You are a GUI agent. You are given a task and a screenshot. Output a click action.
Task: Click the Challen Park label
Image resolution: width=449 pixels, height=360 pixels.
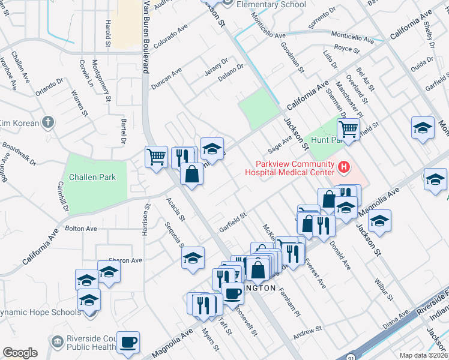92,177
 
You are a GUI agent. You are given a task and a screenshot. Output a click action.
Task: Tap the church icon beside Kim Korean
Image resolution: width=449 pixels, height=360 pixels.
49,122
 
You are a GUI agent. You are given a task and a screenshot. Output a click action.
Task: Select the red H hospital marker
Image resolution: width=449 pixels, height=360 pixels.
344,166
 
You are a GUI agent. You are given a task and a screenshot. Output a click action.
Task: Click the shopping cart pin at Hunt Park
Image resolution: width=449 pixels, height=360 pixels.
348,128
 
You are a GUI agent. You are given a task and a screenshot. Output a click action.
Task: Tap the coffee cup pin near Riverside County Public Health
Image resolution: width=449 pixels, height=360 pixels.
128,343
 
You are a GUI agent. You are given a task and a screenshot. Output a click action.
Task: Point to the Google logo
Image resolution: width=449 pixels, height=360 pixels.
20,353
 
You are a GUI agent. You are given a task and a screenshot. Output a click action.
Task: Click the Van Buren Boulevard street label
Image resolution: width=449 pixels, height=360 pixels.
145,36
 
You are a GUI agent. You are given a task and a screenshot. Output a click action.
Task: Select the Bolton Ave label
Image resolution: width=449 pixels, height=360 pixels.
81,229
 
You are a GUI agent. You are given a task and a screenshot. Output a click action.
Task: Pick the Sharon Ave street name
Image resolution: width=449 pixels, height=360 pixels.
125,260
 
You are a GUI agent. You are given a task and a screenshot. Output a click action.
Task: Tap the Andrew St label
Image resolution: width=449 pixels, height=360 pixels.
308,330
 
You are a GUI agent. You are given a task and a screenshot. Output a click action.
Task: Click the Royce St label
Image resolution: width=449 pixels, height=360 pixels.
346,49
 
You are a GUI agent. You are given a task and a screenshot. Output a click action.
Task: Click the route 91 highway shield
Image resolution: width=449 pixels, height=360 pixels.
350,356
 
